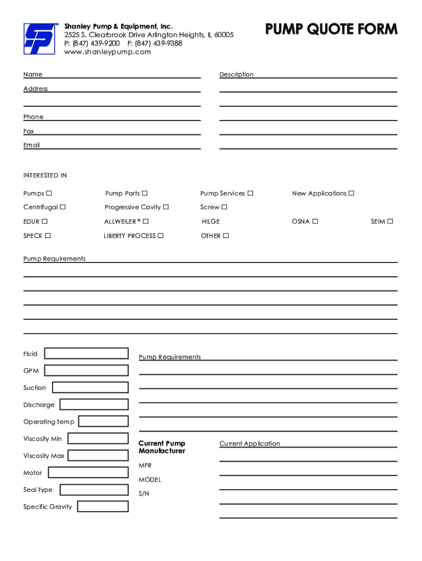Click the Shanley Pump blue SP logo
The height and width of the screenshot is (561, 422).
(x=38, y=39)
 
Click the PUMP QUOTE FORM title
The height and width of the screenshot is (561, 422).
(x=332, y=29)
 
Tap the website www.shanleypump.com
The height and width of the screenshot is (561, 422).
(x=107, y=52)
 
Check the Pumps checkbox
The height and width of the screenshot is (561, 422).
(x=49, y=193)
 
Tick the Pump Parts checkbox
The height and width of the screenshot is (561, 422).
(x=145, y=193)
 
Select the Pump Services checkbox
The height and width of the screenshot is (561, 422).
(x=250, y=193)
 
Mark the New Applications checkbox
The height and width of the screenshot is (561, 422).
(x=352, y=193)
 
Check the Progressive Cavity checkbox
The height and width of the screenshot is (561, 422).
(x=166, y=207)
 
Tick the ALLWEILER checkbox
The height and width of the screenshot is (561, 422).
(x=146, y=221)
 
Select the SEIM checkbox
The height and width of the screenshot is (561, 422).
(x=390, y=221)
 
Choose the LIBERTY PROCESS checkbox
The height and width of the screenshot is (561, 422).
(x=161, y=236)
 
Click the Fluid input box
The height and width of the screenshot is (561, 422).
(x=86, y=353)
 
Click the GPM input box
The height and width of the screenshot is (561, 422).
(x=86, y=370)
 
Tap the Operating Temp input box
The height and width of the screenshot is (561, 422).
(x=104, y=421)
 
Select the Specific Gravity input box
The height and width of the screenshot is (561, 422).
(x=102, y=506)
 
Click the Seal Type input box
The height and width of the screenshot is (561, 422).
(x=94, y=489)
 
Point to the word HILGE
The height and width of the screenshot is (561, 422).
(x=210, y=221)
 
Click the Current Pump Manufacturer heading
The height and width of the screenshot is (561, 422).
(x=162, y=447)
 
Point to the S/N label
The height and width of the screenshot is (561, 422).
(x=144, y=494)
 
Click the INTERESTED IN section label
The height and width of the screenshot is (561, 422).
(x=45, y=175)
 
